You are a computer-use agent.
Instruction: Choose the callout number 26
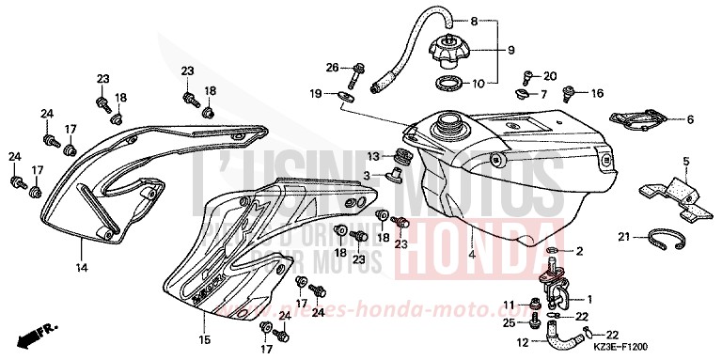coord(332,67)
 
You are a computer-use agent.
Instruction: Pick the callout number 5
coord(687,161)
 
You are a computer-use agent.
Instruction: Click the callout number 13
coord(373,156)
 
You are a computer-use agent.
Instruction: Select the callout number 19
coord(317,93)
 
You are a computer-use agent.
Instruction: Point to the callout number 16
coord(597,93)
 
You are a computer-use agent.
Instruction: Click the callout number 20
coord(550,75)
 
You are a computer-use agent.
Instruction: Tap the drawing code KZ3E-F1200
coord(678,347)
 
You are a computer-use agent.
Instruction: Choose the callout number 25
coord(507,324)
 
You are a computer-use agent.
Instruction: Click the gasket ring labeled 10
coord(450,85)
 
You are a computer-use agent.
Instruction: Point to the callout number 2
coord(579,252)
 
